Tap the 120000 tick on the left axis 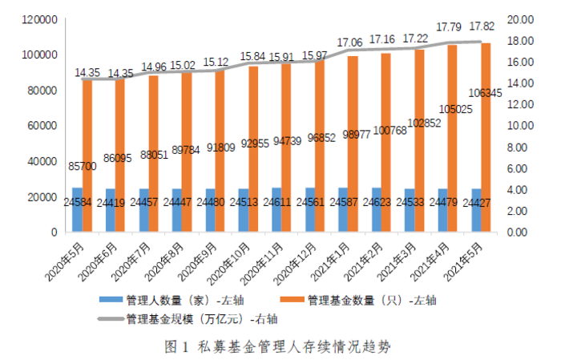(x=37, y=19)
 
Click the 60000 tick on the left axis (x=40, y=126)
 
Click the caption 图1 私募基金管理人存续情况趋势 (x=283, y=346)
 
